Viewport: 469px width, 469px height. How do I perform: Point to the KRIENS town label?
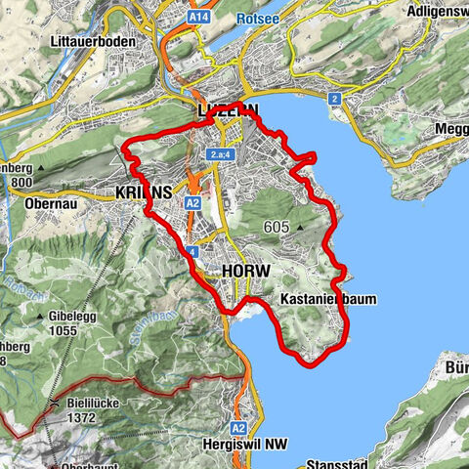[x=144, y=192]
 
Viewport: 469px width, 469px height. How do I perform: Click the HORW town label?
[x=245, y=270]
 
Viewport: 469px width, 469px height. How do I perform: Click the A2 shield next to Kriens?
[x=192, y=202]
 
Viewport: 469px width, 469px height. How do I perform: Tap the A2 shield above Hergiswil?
[x=238, y=428]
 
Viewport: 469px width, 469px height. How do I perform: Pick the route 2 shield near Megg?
[x=333, y=99]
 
